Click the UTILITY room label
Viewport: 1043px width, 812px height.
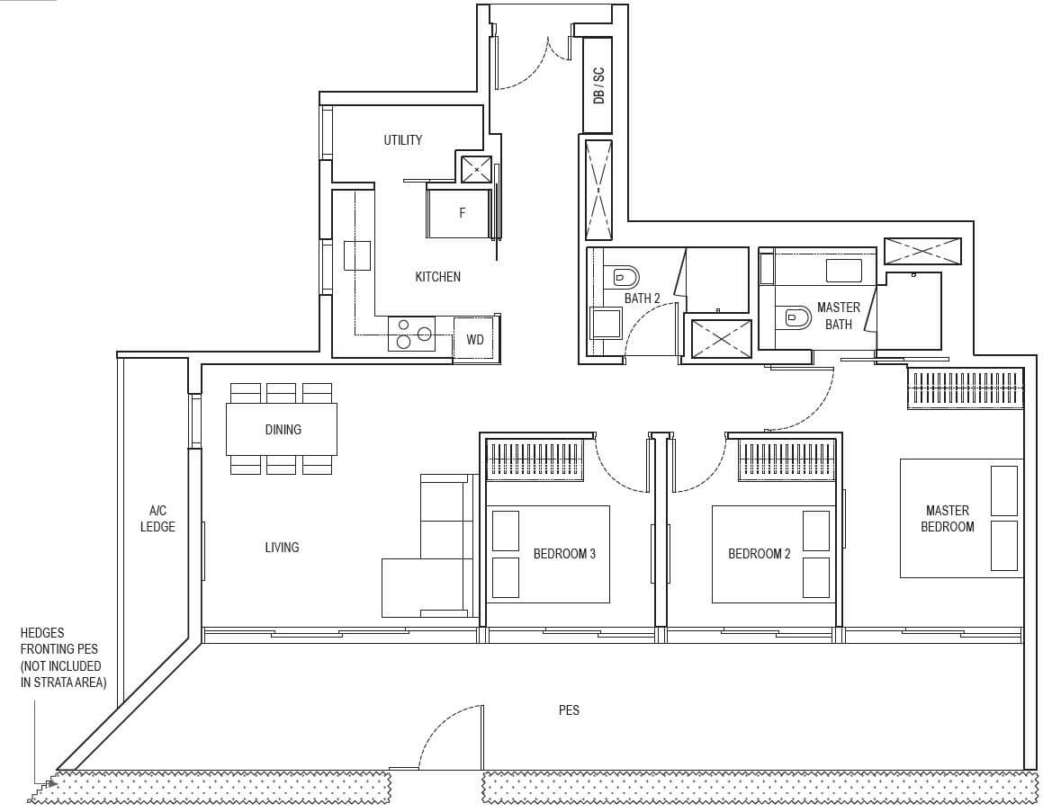point(402,139)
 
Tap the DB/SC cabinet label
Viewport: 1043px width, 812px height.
point(598,85)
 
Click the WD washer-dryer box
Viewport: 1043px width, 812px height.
point(475,340)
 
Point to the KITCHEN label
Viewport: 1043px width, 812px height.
point(437,276)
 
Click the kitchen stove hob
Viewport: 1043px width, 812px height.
point(411,334)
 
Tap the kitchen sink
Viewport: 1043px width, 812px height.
point(357,255)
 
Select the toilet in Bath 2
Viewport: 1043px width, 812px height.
point(622,276)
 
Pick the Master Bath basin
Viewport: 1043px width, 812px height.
point(843,271)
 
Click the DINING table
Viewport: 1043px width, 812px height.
point(282,429)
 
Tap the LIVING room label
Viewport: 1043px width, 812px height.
point(282,548)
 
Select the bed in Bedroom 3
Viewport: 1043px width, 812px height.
point(548,554)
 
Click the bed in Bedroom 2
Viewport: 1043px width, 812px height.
point(771,554)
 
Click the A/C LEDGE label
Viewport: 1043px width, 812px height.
point(157,518)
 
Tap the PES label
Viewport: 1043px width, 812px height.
point(569,710)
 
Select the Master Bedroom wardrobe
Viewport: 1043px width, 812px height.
point(966,388)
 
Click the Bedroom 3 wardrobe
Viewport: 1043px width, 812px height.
point(535,460)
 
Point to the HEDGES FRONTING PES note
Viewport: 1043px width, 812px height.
point(63,658)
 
